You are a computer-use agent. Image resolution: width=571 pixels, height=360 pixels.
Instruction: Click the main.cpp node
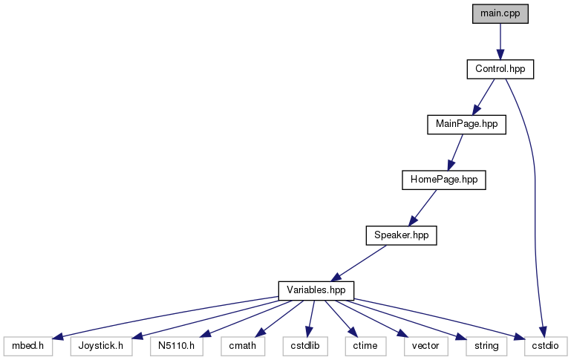click(500, 13)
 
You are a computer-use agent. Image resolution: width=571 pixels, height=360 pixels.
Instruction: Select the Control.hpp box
click(500, 69)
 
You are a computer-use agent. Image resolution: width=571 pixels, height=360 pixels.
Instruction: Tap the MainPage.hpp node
click(466, 125)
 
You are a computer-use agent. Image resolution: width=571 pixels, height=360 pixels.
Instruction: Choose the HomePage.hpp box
click(443, 180)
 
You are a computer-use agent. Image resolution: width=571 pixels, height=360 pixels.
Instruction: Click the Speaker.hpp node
click(401, 235)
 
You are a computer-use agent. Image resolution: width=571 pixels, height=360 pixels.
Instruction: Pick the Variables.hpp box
click(316, 289)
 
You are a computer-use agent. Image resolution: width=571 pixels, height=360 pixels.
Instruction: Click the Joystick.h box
click(101, 345)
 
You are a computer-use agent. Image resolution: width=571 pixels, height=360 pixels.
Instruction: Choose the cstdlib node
click(303, 345)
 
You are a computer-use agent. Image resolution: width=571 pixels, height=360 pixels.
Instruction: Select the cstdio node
click(545, 345)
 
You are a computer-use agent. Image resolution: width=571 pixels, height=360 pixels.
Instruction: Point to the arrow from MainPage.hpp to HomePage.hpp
click(455, 152)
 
